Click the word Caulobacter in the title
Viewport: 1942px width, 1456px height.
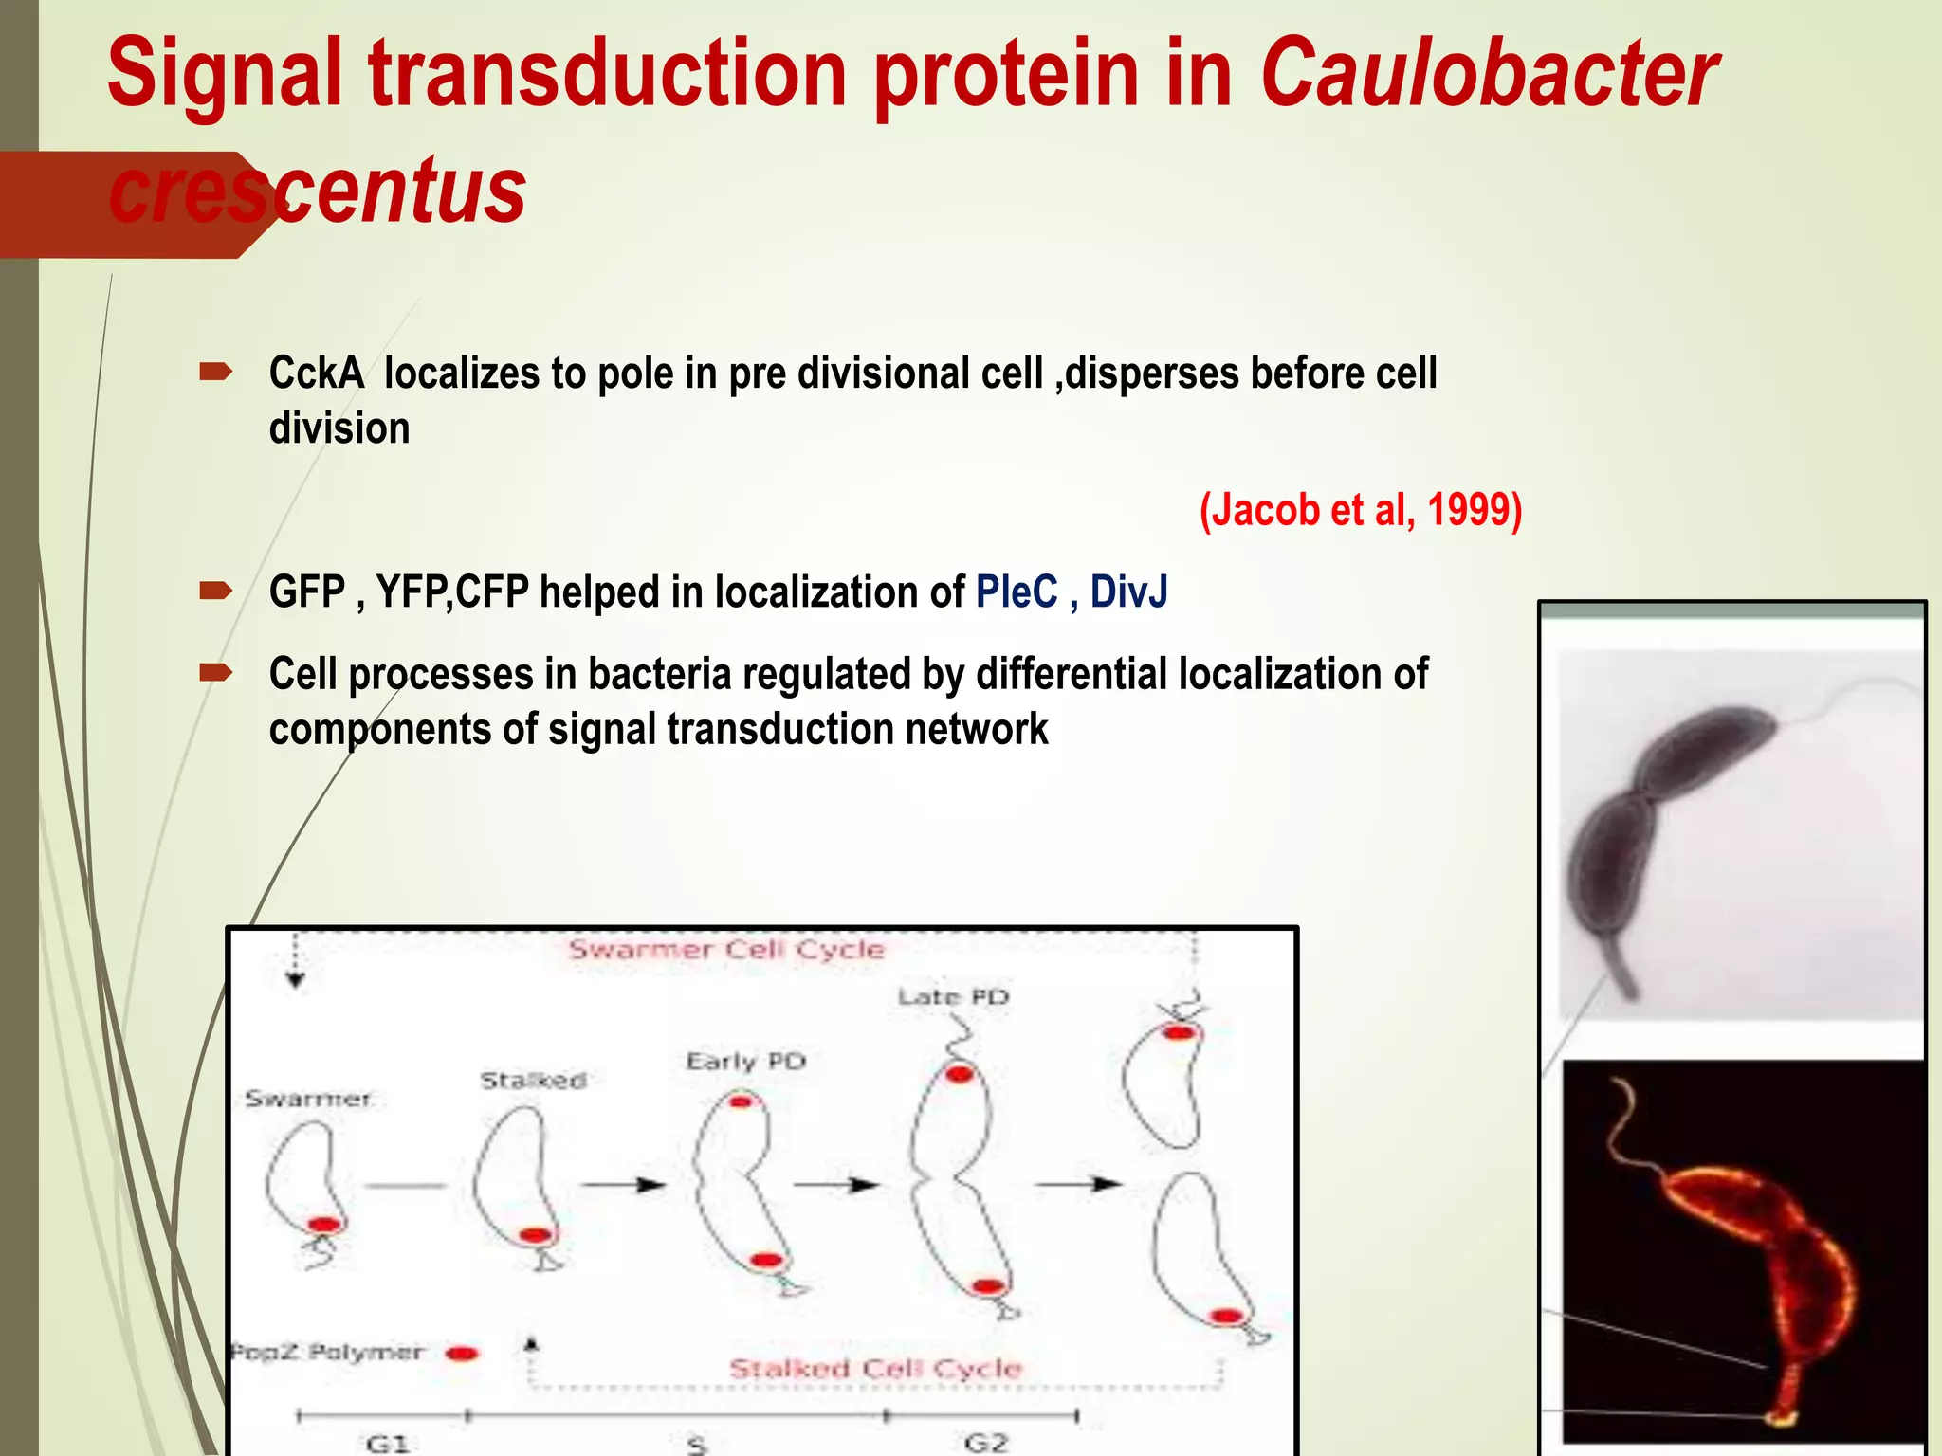1489,74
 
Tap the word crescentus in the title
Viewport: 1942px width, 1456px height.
318,191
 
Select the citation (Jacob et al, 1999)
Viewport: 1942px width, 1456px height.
1360,510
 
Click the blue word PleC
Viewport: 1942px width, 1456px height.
1016,592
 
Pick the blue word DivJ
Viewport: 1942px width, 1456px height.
1128,592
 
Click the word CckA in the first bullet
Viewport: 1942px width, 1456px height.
316,373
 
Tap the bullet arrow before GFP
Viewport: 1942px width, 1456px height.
216,591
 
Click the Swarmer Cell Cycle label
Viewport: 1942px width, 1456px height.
726,950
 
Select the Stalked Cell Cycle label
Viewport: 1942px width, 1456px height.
874,1368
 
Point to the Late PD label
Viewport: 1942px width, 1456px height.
953,997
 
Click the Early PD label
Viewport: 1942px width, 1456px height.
745,1061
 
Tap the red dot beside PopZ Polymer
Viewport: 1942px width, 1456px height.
462,1353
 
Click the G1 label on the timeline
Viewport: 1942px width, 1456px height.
387,1443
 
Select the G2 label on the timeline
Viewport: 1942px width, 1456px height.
985,1442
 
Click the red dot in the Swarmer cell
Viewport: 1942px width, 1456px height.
324,1225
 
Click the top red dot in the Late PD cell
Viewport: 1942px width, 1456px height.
960,1074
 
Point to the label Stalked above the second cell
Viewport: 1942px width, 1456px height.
533,1080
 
